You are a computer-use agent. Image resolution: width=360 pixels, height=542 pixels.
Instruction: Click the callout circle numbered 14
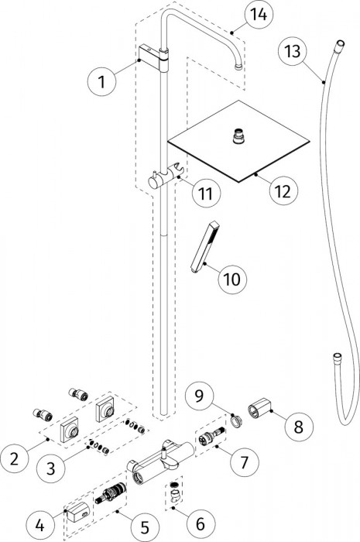click(259, 15)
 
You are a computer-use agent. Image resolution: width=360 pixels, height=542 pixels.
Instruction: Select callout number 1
click(101, 82)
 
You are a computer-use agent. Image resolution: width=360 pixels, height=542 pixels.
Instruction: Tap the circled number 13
click(293, 52)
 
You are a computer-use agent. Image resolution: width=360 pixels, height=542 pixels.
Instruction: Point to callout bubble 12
click(283, 190)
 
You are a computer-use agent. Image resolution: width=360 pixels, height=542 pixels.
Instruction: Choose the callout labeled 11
click(206, 193)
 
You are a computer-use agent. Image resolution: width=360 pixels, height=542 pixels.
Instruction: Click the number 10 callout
click(232, 279)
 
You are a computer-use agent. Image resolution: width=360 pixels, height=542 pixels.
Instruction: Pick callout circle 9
click(199, 396)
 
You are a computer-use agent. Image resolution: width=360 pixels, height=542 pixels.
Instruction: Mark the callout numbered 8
click(299, 426)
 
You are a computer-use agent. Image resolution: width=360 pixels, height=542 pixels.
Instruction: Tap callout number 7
click(245, 461)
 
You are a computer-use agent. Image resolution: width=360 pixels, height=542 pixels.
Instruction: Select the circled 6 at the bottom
click(201, 523)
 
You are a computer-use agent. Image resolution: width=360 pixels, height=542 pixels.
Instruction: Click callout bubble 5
click(145, 527)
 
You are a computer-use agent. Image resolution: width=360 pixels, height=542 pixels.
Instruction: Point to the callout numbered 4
click(40, 526)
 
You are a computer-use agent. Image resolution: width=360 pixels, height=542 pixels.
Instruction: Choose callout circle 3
click(51, 468)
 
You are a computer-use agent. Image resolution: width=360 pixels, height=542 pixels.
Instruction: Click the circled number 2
click(15, 459)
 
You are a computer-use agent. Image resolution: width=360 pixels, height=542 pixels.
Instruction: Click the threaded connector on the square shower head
click(237, 135)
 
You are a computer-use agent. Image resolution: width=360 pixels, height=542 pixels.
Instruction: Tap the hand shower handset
click(204, 247)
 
